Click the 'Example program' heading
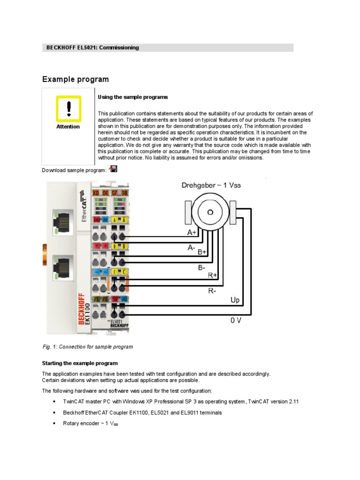point(75,79)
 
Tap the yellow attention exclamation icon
point(68,109)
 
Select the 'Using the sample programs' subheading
point(133,97)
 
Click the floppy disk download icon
point(113,169)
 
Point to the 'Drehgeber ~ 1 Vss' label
point(211,185)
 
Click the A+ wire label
point(192,232)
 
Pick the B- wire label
point(202,268)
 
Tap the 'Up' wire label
point(235,299)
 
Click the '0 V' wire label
point(236,321)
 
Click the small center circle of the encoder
point(210,212)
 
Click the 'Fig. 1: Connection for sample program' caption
point(88,347)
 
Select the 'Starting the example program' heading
point(80,363)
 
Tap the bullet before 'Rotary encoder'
point(55,424)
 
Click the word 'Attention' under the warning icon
point(68,127)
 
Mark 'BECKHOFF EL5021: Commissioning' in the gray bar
point(92,48)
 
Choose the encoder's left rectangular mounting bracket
point(187,212)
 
